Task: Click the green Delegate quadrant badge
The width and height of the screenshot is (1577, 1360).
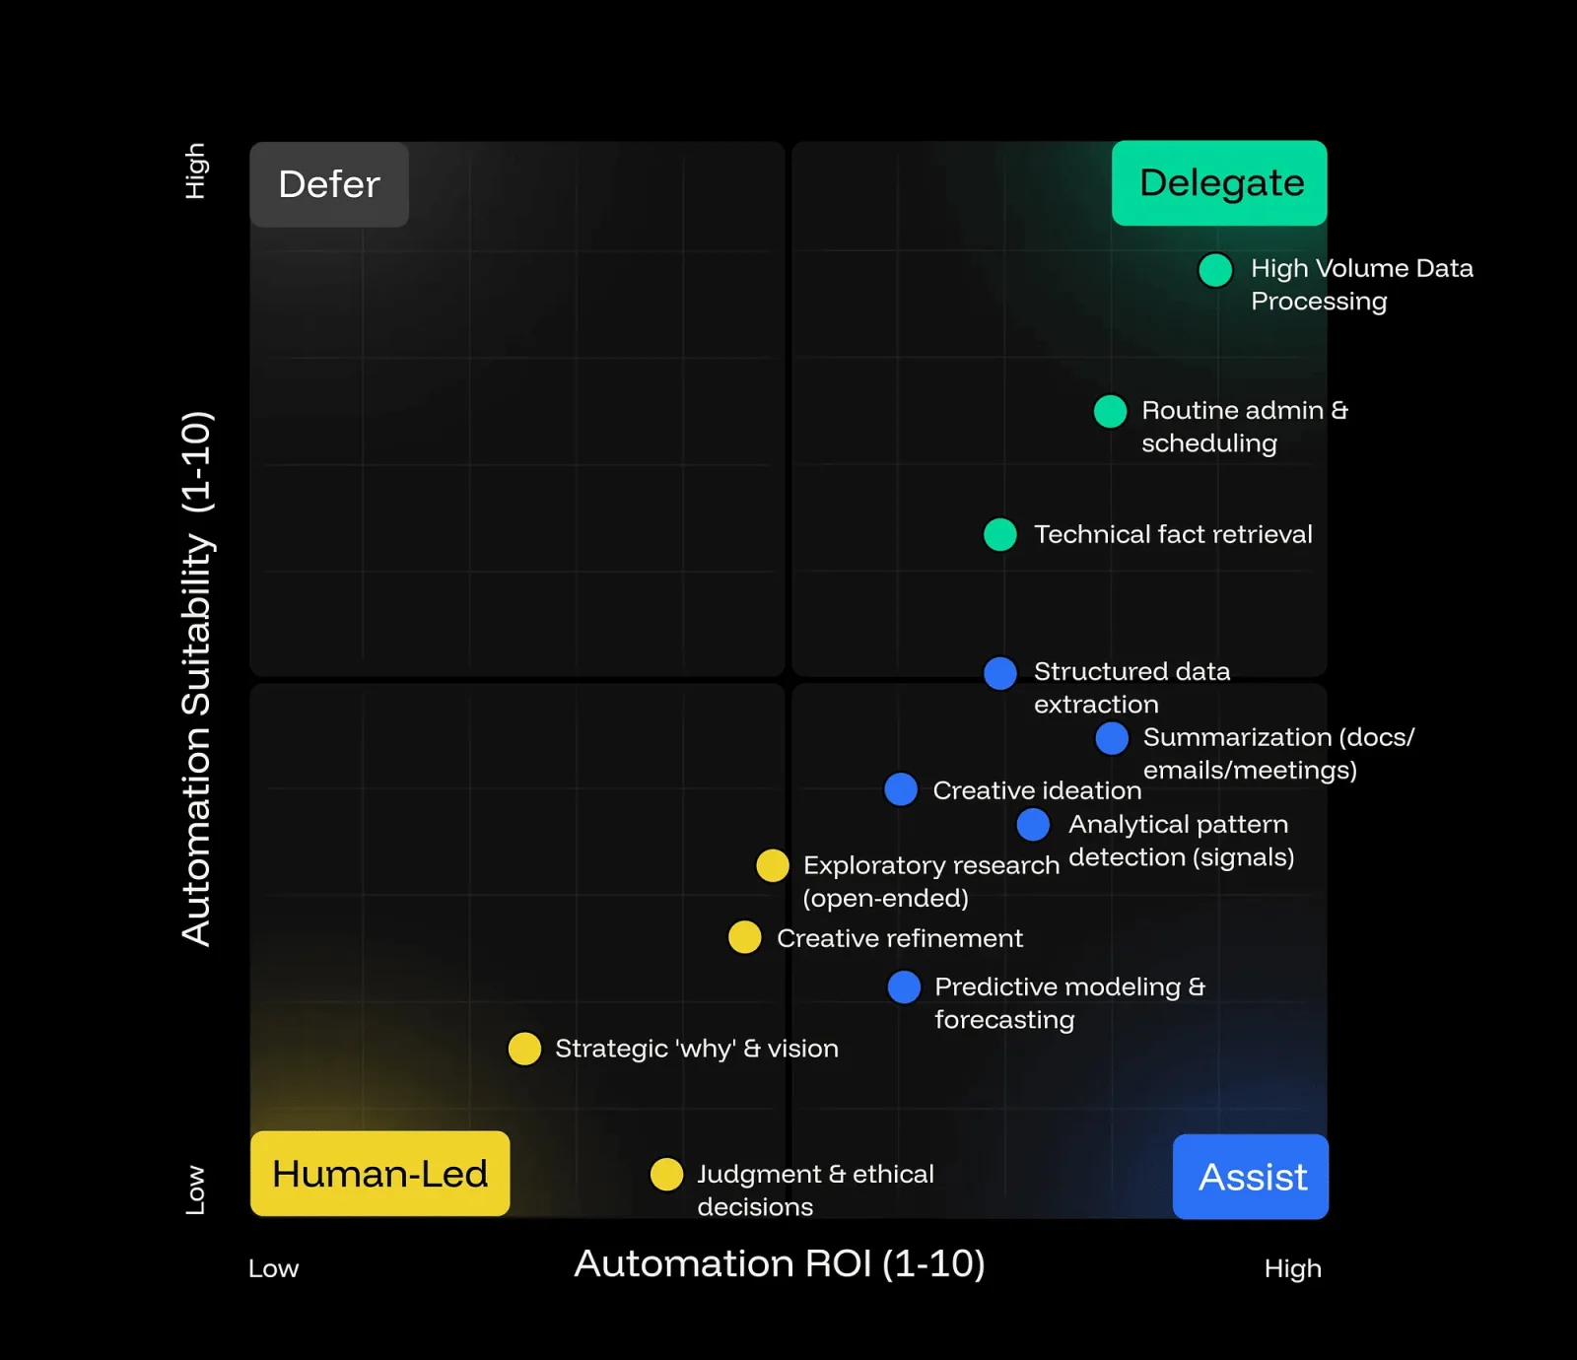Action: click(1219, 183)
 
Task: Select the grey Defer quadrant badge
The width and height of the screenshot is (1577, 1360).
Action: click(329, 184)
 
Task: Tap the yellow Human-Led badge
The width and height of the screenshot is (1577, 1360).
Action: click(379, 1174)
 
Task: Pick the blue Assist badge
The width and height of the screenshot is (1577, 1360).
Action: click(1251, 1177)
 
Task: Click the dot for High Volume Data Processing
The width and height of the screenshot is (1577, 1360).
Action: click(1215, 270)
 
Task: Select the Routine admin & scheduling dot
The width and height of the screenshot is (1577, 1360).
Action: click(1111, 411)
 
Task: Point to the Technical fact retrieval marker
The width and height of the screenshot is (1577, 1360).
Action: click(1000, 534)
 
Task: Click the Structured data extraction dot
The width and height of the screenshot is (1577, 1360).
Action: click(1000, 673)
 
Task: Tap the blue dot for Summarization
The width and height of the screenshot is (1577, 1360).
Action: click(1112, 738)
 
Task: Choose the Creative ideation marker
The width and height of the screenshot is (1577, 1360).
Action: click(901, 789)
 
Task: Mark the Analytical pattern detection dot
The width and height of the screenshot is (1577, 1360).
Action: click(1033, 824)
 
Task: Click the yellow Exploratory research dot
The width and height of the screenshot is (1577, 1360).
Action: click(773, 865)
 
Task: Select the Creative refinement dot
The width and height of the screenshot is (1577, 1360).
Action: click(745, 937)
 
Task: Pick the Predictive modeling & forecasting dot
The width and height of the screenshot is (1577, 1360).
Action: click(904, 986)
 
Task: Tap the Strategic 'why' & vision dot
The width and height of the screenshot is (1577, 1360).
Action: click(524, 1049)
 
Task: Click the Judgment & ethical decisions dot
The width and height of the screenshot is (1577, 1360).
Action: click(667, 1174)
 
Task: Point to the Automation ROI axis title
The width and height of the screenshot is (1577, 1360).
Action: click(780, 1263)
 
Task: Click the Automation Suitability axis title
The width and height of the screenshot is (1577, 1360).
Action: click(197, 678)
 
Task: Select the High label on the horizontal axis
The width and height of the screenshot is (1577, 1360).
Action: click(1292, 1268)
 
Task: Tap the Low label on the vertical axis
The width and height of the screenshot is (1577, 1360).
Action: click(196, 1190)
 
